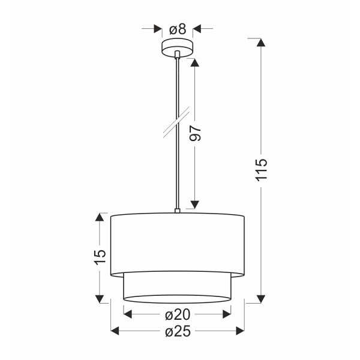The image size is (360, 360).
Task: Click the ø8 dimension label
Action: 178,28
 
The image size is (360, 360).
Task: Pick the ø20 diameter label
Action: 177,314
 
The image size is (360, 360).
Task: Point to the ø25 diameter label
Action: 177,331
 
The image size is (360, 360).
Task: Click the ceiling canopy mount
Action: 178,47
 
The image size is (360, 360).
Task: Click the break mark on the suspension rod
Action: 178,124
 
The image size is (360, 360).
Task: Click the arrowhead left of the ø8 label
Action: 158,28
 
